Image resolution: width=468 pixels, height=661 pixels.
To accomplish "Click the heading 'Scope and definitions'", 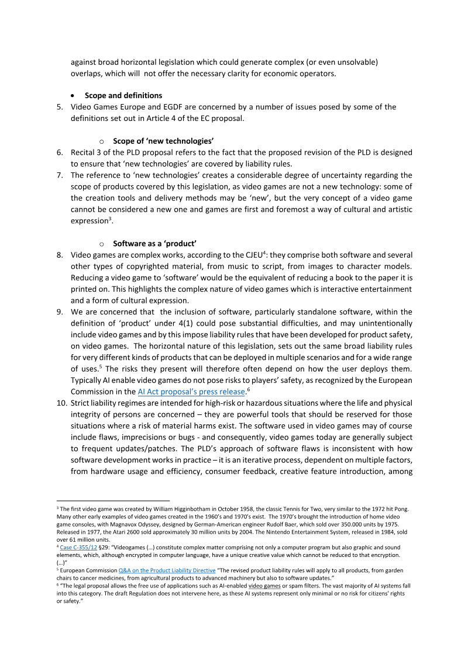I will [123, 95].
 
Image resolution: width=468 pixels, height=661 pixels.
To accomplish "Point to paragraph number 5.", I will [60, 107].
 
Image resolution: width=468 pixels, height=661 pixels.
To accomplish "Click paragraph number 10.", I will [61, 403].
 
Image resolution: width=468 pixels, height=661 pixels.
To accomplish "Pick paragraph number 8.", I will [60, 255].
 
